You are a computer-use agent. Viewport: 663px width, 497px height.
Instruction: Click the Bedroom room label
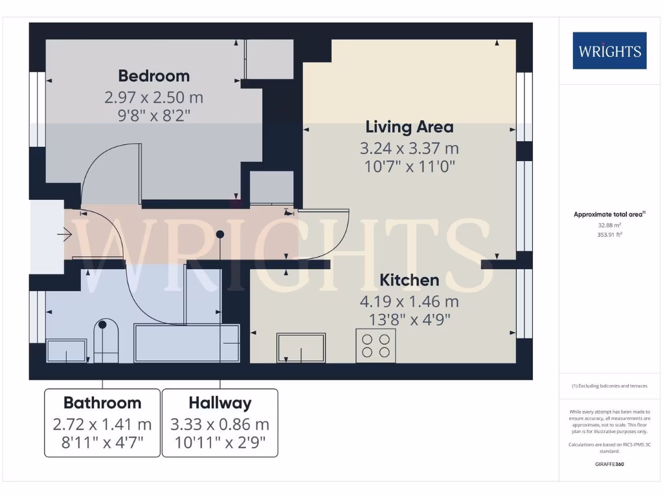tap(153, 76)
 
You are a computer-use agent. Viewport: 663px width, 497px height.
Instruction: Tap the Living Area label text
tap(409, 127)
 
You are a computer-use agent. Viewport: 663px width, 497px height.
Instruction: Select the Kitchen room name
tap(409, 280)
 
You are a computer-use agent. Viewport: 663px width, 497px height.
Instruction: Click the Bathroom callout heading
tap(102, 403)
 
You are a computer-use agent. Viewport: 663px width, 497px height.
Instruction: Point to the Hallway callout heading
tap(219, 403)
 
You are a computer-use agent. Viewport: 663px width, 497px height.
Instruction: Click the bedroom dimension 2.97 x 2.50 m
tap(153, 98)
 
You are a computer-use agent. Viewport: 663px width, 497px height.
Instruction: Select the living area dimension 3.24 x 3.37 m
tap(409, 148)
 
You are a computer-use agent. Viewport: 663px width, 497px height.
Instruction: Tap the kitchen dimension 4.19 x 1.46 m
tap(409, 302)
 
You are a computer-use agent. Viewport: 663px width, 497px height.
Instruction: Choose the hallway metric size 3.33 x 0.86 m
tap(219, 425)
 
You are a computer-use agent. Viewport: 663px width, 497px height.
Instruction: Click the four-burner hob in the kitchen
tap(376, 345)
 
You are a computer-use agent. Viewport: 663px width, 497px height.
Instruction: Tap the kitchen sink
tap(301, 348)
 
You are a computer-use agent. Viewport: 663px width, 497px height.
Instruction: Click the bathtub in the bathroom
tap(187, 343)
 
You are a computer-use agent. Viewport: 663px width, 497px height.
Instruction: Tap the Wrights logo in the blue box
tap(609, 50)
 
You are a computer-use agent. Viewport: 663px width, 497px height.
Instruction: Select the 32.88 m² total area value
tap(609, 225)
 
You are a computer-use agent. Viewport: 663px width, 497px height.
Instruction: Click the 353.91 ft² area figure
tap(609, 235)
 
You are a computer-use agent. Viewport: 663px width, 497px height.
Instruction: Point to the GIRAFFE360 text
tap(609, 464)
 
